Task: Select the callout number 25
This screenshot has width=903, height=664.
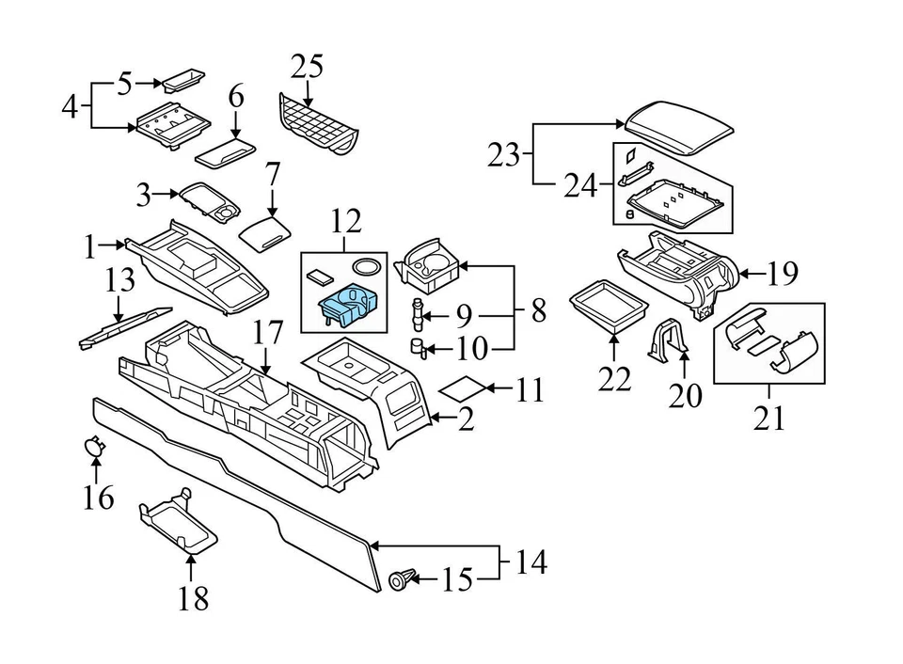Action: pyautogui.click(x=307, y=67)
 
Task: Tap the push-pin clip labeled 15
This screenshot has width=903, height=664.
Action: pyautogui.click(x=401, y=581)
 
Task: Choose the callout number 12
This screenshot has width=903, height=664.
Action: pyautogui.click(x=345, y=222)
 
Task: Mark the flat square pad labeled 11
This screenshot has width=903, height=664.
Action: pyautogui.click(x=464, y=387)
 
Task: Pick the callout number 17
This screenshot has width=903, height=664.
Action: pyautogui.click(x=267, y=332)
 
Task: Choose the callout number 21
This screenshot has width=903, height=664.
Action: pyautogui.click(x=769, y=417)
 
